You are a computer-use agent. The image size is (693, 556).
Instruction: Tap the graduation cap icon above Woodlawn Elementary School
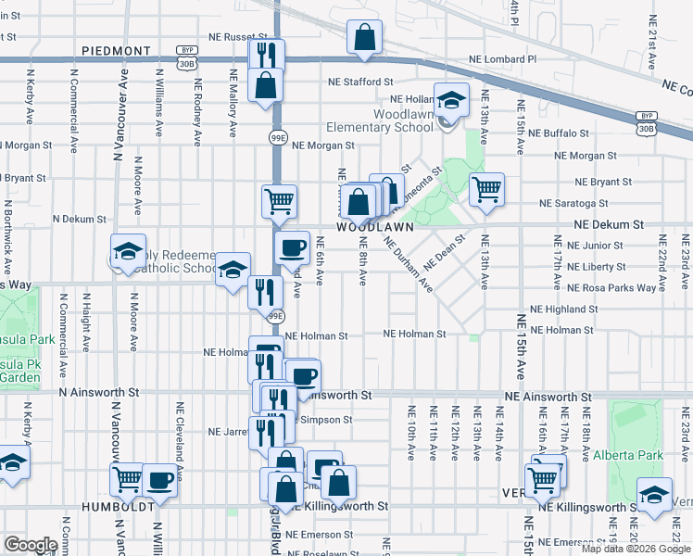[450, 101]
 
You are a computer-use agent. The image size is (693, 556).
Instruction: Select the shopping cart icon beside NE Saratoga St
[486, 190]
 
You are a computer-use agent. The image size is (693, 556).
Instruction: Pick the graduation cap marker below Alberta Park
[654, 495]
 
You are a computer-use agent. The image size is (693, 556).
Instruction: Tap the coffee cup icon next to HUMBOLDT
[159, 480]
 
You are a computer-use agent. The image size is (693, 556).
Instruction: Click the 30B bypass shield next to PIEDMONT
[188, 58]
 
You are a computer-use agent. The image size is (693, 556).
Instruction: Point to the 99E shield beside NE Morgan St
[277, 137]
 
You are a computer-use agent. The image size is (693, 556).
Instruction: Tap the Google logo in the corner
[30, 545]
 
